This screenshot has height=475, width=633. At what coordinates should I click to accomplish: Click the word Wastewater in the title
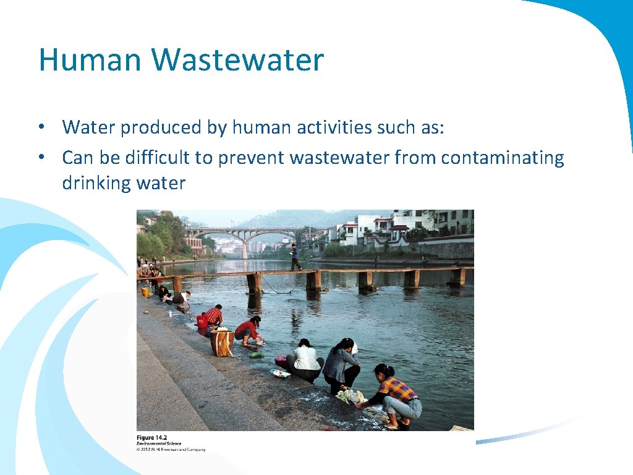coord(237,60)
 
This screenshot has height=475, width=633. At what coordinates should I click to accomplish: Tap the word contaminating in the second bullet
coord(502,158)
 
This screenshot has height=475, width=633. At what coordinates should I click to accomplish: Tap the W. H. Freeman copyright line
coord(171,450)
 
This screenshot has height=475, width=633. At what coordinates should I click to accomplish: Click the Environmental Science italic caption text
coord(159,443)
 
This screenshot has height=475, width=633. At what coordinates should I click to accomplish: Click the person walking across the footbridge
coord(295,257)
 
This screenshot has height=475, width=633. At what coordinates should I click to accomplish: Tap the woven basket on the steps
coord(221,342)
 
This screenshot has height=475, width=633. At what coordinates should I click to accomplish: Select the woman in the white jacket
coord(306,361)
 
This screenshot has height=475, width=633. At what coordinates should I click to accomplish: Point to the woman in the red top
coord(249,330)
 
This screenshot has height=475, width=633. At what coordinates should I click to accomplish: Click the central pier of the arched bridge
coord(245,247)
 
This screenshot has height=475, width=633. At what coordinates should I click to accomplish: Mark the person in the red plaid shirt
coord(213,315)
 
